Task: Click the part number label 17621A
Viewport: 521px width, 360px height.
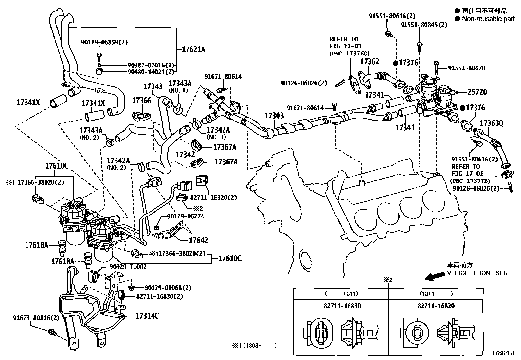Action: pos(193,50)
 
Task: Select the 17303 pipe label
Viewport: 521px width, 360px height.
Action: pos(274,116)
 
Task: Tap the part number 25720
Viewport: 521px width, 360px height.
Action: pos(477,92)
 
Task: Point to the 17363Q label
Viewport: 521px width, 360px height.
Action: pos(491,123)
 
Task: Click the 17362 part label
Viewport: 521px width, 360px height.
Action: pos(369,62)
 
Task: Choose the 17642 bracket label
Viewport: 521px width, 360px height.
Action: pos(198,240)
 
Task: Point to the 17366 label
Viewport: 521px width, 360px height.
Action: pos(142,100)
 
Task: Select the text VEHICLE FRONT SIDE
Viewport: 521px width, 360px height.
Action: pos(478,273)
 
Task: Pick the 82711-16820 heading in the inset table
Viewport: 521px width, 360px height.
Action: pos(436,306)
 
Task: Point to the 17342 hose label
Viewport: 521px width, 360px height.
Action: pos(185,154)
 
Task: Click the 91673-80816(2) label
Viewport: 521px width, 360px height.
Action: pos(36,318)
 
